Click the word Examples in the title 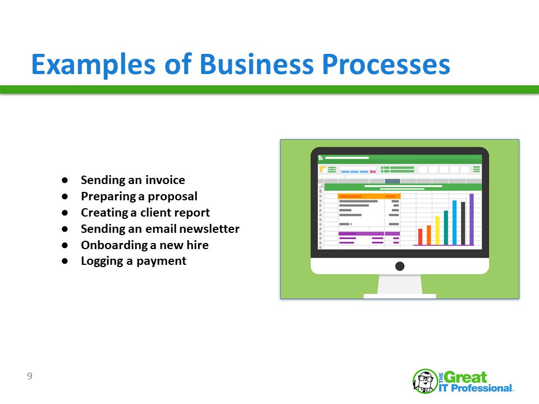pyautogui.click(x=93, y=65)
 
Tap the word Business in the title pyautogui.click(x=257, y=64)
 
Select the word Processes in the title pyautogui.click(x=386, y=65)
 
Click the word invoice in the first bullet pyautogui.click(x=165, y=180)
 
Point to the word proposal pyautogui.click(x=172, y=196)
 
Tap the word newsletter pyautogui.click(x=209, y=229)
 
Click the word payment pyautogui.click(x=161, y=261)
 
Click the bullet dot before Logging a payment pyautogui.click(x=65, y=261)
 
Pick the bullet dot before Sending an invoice pyautogui.click(x=65, y=180)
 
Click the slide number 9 pyautogui.click(x=30, y=376)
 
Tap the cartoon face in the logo pyautogui.click(x=425, y=380)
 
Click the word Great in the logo pyautogui.click(x=465, y=377)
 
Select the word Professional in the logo pyautogui.click(x=481, y=388)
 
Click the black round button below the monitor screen pyautogui.click(x=400, y=266)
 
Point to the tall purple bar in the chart pyautogui.click(x=472, y=219)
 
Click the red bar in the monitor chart pyautogui.click(x=420, y=237)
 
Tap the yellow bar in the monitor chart pyautogui.click(x=437, y=231)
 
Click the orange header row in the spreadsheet pyautogui.click(x=369, y=196)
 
